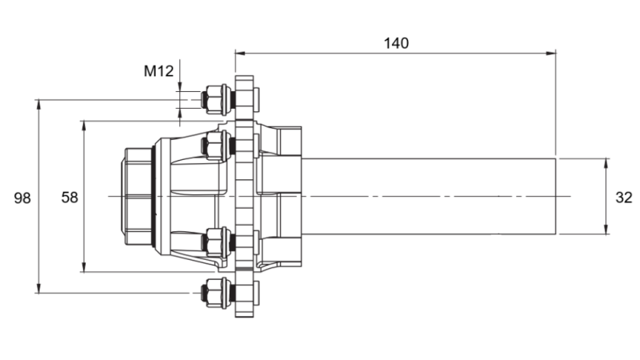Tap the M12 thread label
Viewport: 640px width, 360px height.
[158, 71]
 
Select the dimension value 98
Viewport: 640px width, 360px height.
[22, 197]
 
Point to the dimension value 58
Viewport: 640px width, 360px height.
[70, 197]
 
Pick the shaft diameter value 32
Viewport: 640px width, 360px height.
[624, 197]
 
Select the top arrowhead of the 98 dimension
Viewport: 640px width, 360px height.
[38, 104]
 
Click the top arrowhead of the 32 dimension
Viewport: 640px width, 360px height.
[606, 162]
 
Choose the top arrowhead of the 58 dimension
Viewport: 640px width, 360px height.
[84, 125]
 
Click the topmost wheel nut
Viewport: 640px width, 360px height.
[214, 100]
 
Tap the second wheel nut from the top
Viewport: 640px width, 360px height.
[214, 146]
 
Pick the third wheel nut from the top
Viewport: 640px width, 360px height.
[214, 241]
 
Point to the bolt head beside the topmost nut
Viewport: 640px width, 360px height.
[246, 100]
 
